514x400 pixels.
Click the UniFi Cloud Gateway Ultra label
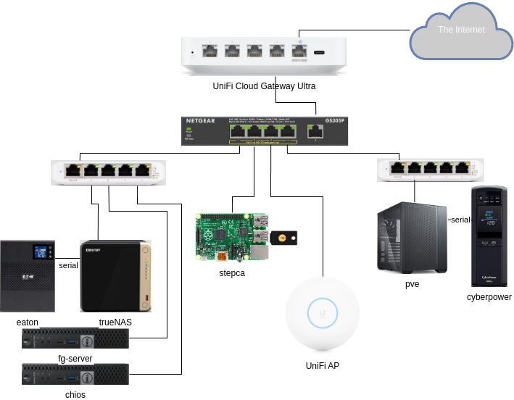coord(264,86)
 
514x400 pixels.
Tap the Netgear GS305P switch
coord(264,131)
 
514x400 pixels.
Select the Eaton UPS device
coord(28,275)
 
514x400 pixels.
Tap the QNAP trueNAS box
coord(115,276)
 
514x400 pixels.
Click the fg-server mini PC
coord(75,338)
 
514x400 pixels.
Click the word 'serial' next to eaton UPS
coord(68,265)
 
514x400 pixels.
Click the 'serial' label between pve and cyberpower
coord(460,220)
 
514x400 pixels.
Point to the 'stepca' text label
coord(232,273)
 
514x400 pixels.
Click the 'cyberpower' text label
coord(489,297)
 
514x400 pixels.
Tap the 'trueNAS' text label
coord(115,322)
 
